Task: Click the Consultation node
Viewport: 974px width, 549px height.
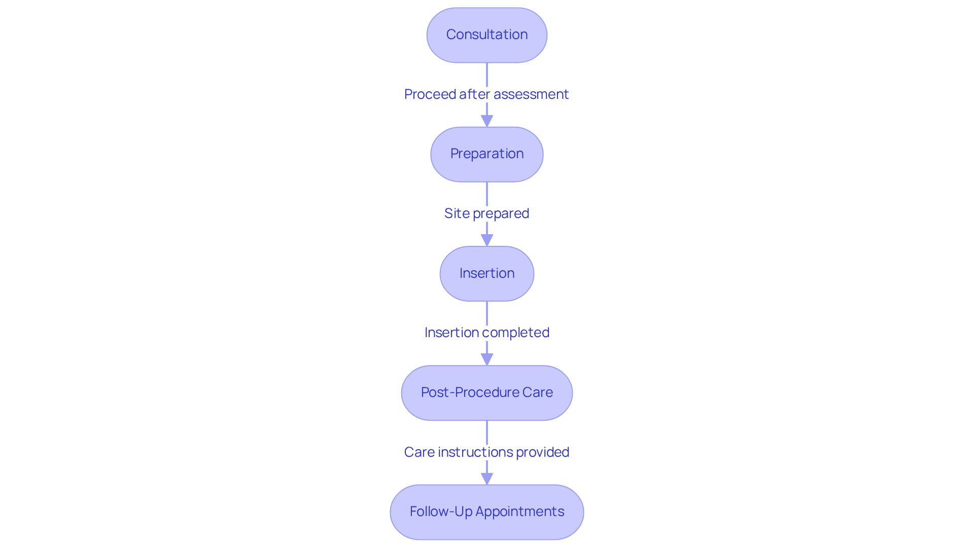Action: [486, 35]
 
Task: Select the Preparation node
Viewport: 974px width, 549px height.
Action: [486, 154]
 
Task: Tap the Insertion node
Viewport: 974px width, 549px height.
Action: [486, 274]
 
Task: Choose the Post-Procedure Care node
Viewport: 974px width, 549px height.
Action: [486, 393]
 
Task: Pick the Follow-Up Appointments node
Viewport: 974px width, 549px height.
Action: [486, 512]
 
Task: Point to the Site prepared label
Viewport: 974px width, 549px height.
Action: [486, 213]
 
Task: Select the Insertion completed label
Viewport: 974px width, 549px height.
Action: [486, 333]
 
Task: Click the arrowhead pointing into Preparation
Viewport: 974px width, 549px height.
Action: [487, 121]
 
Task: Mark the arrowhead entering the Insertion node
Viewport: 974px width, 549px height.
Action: [487, 240]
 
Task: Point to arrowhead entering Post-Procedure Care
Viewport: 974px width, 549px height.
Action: [487, 359]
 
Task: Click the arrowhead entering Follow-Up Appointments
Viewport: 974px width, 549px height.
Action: [487, 479]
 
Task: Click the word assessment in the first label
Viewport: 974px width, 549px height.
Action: [531, 94]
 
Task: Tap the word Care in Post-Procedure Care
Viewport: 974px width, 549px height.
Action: [537, 392]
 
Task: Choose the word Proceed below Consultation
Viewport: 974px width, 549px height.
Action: [430, 94]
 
